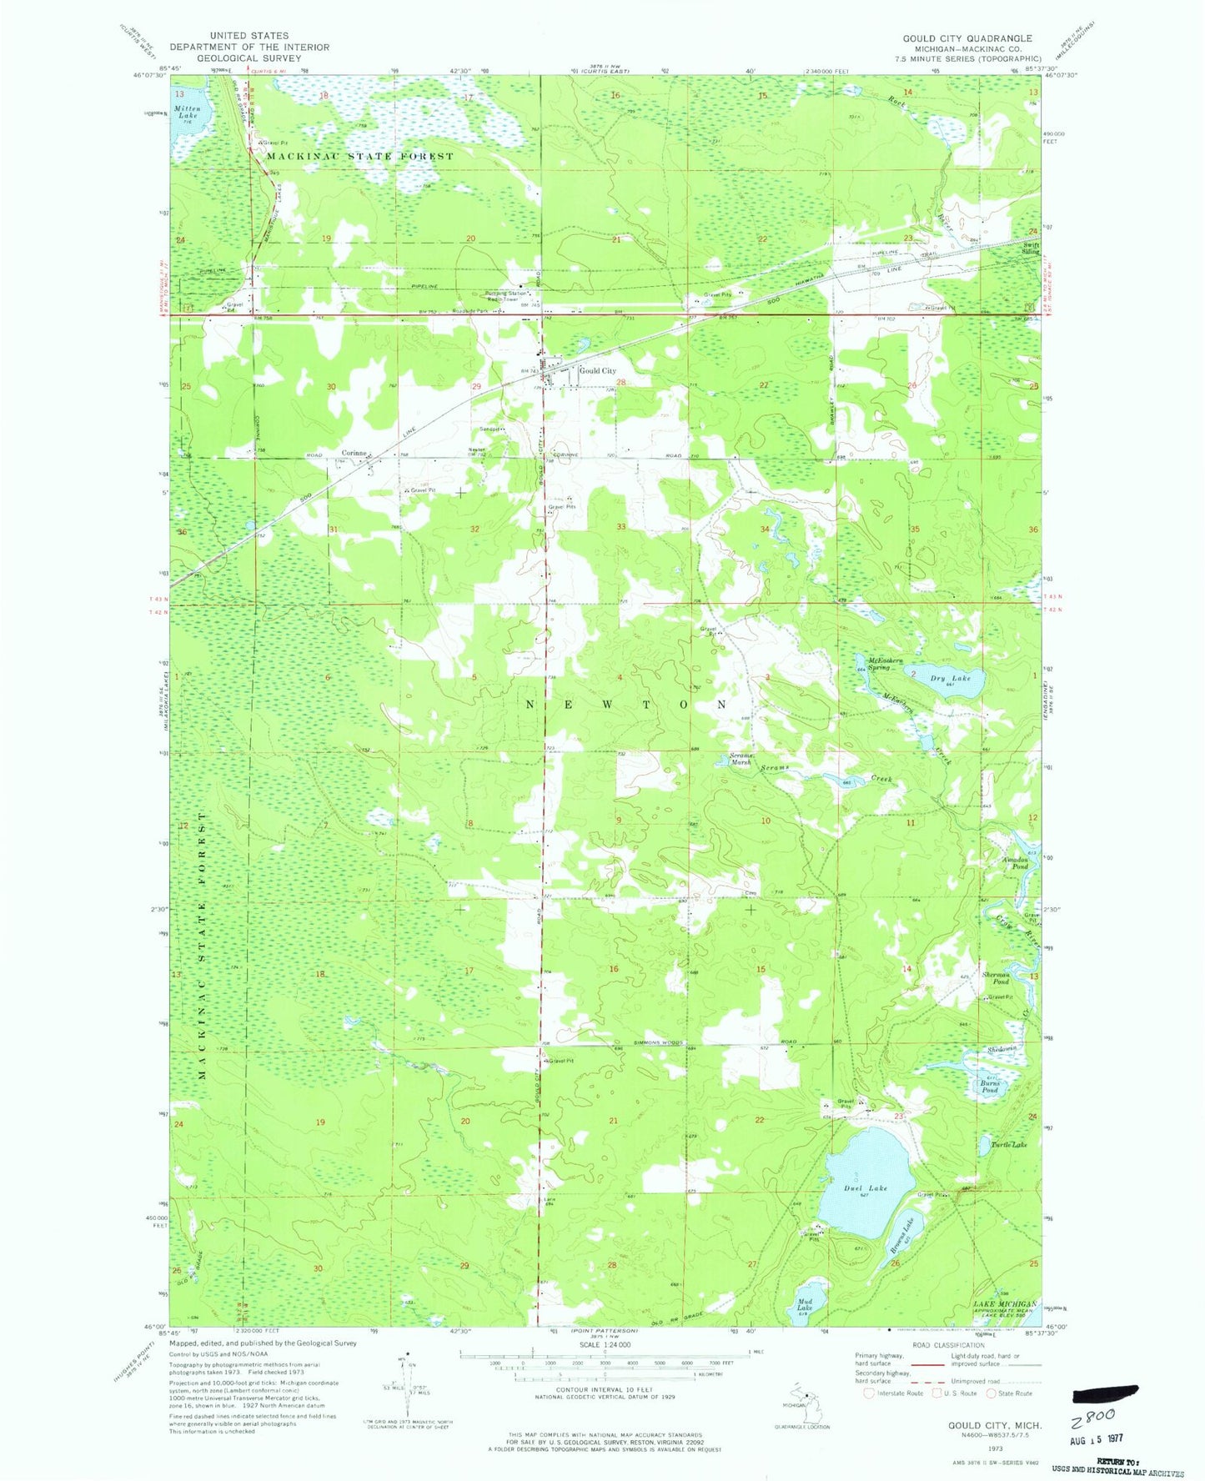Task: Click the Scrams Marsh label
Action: point(736,759)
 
